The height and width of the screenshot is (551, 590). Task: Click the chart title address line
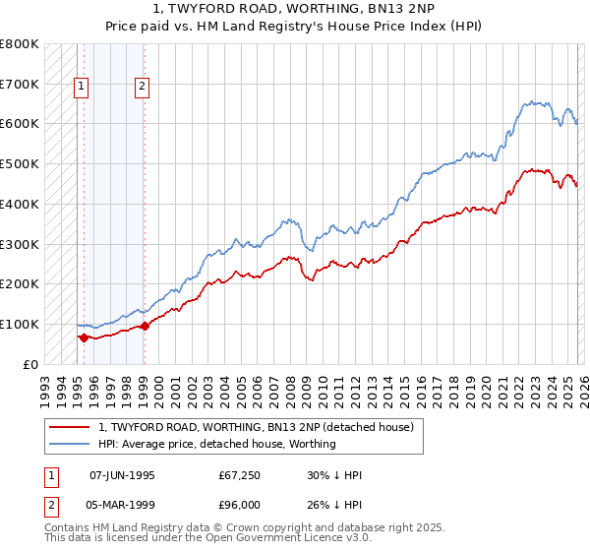(x=314, y=9)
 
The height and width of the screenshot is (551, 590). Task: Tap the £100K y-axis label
(x=20, y=324)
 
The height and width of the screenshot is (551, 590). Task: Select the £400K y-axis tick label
(x=20, y=204)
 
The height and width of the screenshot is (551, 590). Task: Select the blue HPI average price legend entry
(x=216, y=444)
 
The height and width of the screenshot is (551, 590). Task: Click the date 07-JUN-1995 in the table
(x=122, y=475)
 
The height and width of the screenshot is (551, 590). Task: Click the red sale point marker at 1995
(x=84, y=337)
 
